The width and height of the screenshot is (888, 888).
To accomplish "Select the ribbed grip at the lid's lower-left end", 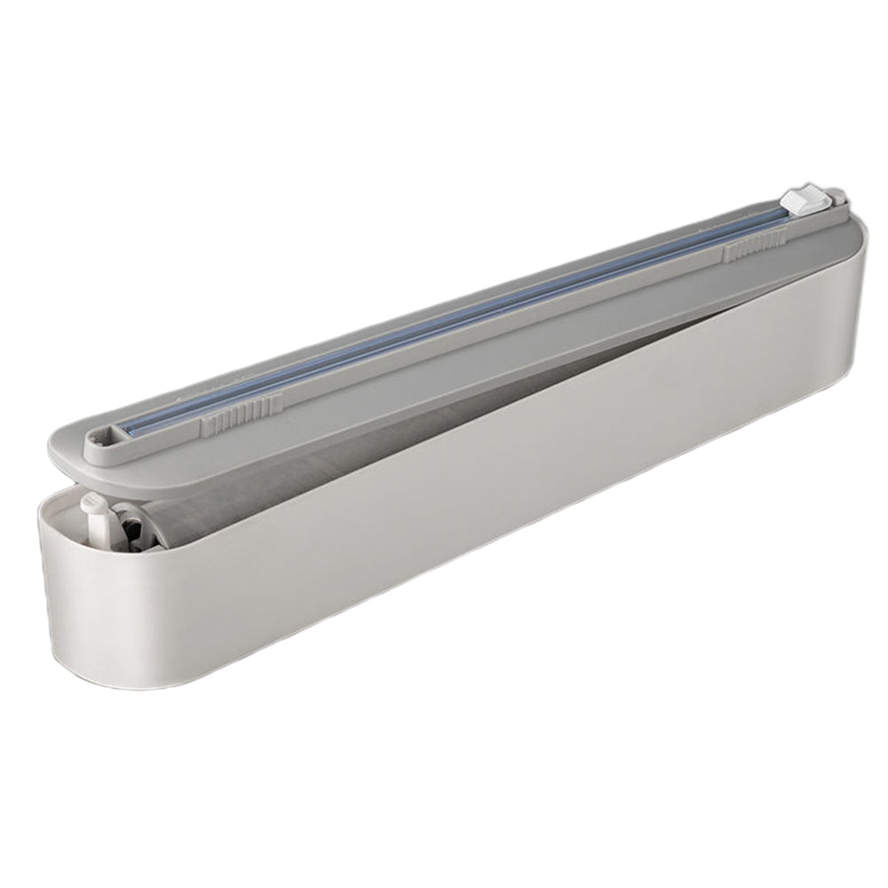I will click(239, 412).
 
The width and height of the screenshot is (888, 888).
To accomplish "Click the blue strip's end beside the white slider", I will click(781, 215).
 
